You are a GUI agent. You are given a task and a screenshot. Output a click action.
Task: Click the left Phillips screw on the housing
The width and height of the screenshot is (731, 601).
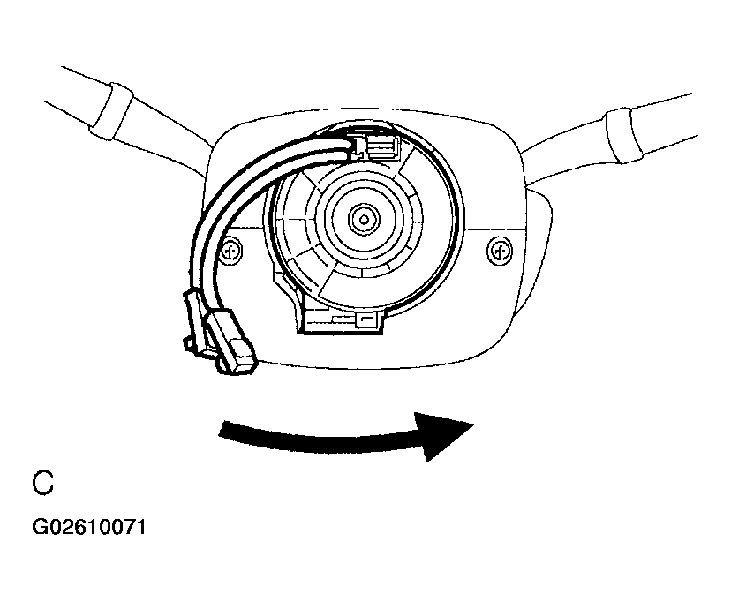[x=231, y=252]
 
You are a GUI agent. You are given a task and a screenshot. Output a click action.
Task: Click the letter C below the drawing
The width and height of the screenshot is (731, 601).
[x=43, y=483]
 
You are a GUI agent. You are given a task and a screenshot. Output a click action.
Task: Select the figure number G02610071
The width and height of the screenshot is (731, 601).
[x=88, y=527]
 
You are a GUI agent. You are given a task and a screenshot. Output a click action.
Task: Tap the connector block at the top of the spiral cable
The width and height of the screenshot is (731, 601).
[x=376, y=146]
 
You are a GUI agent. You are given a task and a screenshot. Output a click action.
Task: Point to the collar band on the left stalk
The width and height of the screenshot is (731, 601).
[x=112, y=111]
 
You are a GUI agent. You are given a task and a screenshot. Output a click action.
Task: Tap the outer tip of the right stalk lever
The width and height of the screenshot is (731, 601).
[x=695, y=114]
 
